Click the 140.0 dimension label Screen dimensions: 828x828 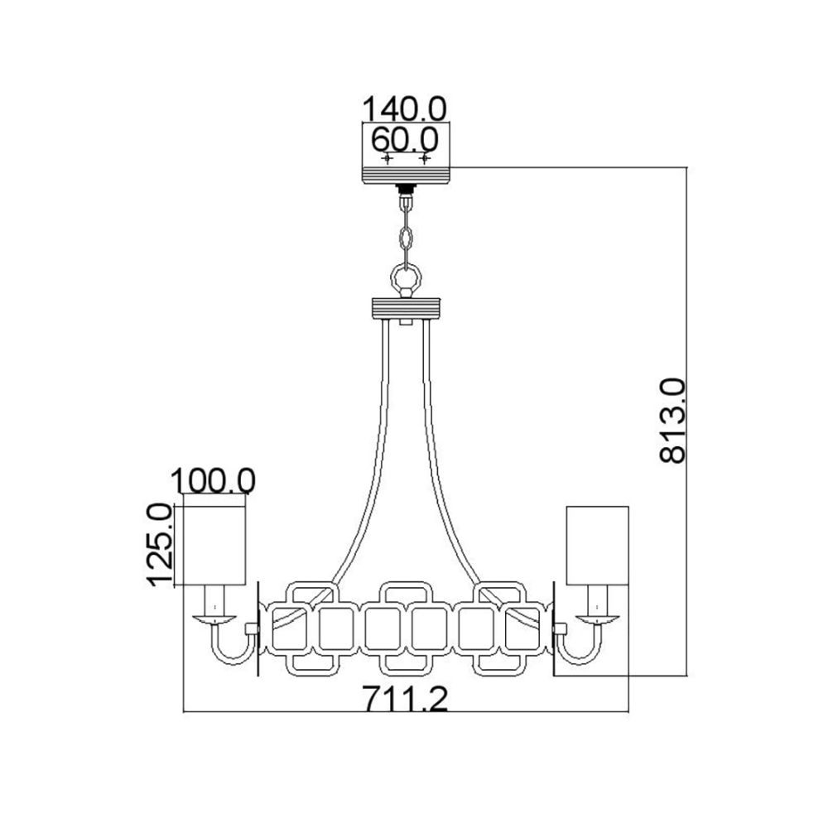coord(405,108)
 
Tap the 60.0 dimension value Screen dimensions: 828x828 coord(405,140)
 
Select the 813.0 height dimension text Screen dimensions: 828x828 coord(672,421)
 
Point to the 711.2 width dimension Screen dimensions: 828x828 coord(405,699)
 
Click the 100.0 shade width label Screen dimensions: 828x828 coord(214,481)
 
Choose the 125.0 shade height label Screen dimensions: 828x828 coord(160,545)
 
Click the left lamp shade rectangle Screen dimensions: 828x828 coord(214,546)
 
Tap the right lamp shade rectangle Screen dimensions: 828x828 coord(597,546)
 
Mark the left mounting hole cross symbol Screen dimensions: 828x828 coord(388,158)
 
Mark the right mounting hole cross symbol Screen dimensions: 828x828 coord(425,158)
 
